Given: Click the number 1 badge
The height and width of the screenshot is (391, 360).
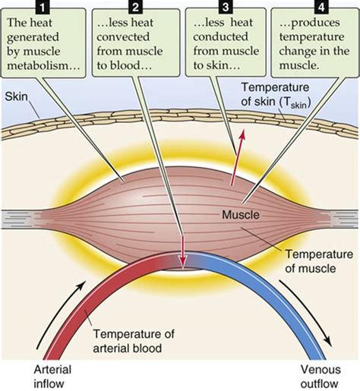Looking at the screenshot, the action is pos(42,7).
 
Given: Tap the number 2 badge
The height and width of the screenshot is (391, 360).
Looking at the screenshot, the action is pos(136,7).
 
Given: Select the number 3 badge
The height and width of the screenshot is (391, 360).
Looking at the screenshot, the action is pos(226,7).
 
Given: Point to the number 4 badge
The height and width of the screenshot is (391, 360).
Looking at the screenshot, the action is pos(321,7).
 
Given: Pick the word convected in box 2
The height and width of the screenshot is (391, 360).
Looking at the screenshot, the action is pos(123,37).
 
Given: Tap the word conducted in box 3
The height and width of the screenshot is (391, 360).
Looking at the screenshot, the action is pos(220,37).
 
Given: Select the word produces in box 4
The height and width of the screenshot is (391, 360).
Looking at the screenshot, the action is pos(310,24).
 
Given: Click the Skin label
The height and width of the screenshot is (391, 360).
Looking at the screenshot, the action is pos(16,96).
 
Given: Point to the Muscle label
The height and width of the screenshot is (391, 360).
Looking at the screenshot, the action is pos(241,215).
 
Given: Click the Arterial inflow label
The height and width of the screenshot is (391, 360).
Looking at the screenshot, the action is pos(52,377).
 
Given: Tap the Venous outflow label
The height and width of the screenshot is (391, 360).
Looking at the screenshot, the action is pos(321,377).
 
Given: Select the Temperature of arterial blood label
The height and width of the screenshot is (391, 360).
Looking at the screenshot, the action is pos(134,341).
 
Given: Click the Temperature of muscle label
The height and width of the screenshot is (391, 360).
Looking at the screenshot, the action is pos(319,261).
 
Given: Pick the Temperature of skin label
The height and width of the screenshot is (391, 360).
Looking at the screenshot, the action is pos(276,95).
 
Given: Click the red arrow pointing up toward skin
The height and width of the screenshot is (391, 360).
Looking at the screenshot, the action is pos(237,157).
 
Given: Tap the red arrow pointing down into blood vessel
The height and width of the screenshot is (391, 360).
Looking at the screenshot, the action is pos(183,251).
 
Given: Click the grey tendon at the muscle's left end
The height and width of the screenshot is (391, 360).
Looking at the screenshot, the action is pos(21,219).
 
